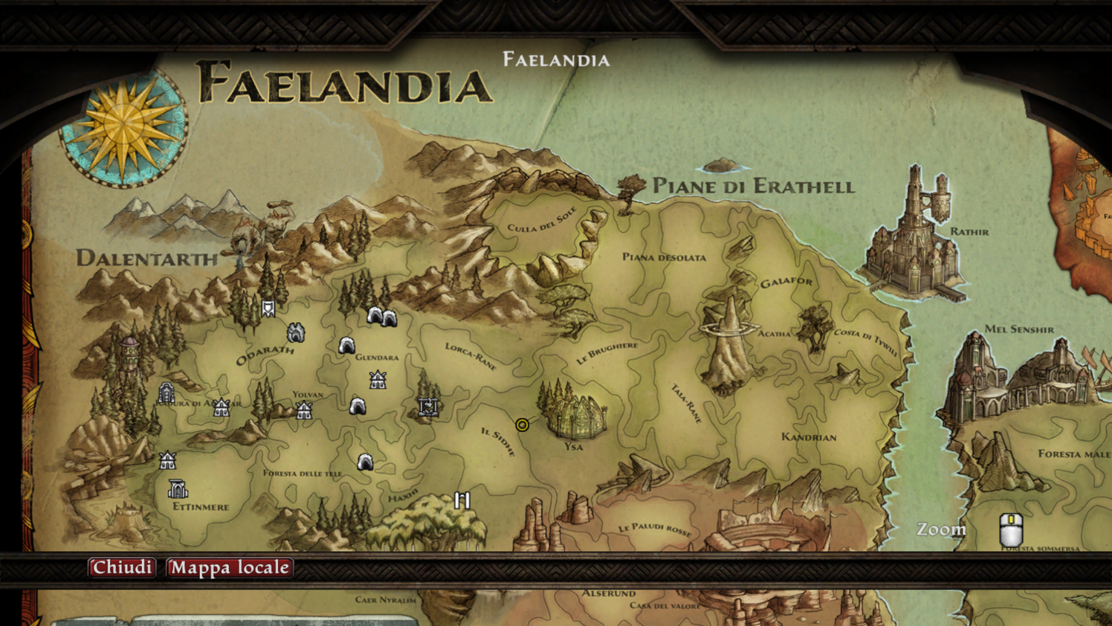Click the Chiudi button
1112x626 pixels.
122,567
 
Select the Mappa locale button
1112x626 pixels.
229,567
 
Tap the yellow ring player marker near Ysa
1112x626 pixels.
522,425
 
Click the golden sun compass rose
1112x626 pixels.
123,126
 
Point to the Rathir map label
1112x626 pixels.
970,232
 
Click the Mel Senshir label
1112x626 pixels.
1019,329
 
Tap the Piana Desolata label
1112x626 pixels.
664,257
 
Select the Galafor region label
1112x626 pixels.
786,282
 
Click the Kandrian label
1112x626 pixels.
809,437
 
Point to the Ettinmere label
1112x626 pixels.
201,507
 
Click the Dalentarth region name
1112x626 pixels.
147,258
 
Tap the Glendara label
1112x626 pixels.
377,357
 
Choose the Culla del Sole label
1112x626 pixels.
542,220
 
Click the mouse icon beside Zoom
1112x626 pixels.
1011,529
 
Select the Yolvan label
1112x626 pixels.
308,395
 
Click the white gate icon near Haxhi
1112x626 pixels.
462,500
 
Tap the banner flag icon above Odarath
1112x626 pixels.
268,308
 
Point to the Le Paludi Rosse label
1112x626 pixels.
654,529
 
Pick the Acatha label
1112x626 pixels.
774,334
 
